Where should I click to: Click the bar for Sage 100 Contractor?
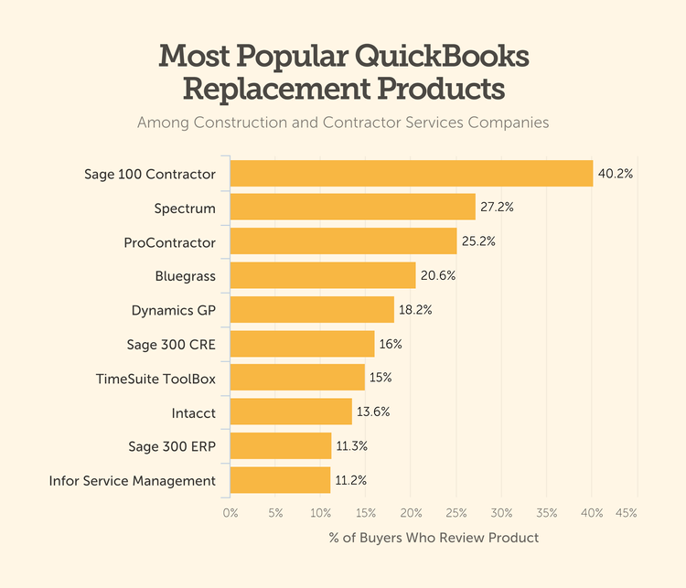pyautogui.click(x=411, y=173)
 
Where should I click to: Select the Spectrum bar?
pyautogui.click(x=352, y=208)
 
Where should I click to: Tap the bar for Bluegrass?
pyautogui.click(x=322, y=275)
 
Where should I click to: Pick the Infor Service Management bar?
pyautogui.click(x=280, y=480)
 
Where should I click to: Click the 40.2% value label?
pyautogui.click(x=615, y=173)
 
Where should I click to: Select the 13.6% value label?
pyautogui.click(x=372, y=412)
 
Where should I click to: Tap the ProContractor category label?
pyautogui.click(x=169, y=242)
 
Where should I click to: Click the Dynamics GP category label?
pyautogui.click(x=174, y=310)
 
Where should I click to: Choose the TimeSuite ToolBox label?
pyautogui.click(x=155, y=378)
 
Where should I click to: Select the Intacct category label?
pyautogui.click(x=194, y=412)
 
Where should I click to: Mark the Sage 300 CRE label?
pyautogui.click(x=171, y=345)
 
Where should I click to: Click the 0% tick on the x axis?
pyautogui.click(x=230, y=513)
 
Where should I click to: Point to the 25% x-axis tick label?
pyautogui.click(x=456, y=513)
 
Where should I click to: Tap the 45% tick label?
pyautogui.click(x=627, y=513)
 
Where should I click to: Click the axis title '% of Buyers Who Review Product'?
pyautogui.click(x=434, y=538)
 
